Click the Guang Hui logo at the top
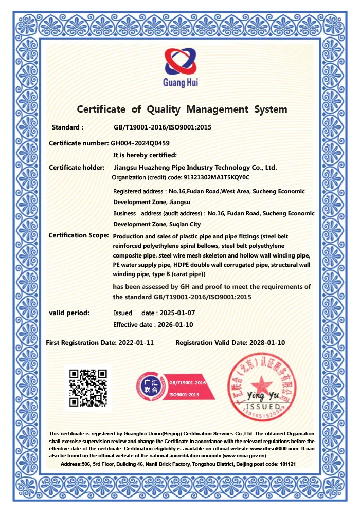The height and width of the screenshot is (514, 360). (181, 68)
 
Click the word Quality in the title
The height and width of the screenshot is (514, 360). (164, 109)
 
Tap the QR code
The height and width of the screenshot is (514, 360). (88, 388)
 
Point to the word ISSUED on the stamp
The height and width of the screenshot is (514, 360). (267, 406)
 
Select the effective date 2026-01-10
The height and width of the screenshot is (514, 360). (174, 324)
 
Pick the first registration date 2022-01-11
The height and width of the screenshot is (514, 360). (136, 342)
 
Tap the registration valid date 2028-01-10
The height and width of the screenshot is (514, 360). (266, 342)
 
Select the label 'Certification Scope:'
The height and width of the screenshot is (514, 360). (79, 235)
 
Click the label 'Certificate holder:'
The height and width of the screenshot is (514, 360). (77, 167)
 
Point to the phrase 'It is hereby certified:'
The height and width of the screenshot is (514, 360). (145, 155)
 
